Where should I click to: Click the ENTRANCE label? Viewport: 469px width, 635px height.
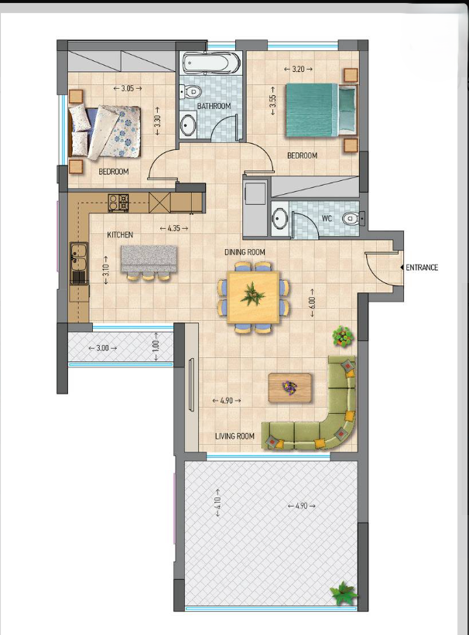tap(423, 268)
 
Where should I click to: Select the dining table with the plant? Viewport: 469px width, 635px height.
tap(252, 295)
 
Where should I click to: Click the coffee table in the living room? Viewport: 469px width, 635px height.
tap(290, 387)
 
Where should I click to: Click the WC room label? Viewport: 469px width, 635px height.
tap(327, 219)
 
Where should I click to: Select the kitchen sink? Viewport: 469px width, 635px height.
tap(78, 261)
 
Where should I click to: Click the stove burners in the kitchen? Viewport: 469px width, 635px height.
tap(118, 203)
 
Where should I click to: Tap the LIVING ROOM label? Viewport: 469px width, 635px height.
tap(234, 436)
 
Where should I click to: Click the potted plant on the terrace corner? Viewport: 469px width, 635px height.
tap(343, 593)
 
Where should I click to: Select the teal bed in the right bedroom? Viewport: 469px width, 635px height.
tap(319, 111)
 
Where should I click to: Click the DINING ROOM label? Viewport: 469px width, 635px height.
tap(245, 252)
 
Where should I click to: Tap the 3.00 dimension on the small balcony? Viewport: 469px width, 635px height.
tap(102, 348)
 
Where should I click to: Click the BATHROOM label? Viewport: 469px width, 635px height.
tap(214, 106)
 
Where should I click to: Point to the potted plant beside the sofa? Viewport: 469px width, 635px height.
tap(342, 336)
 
